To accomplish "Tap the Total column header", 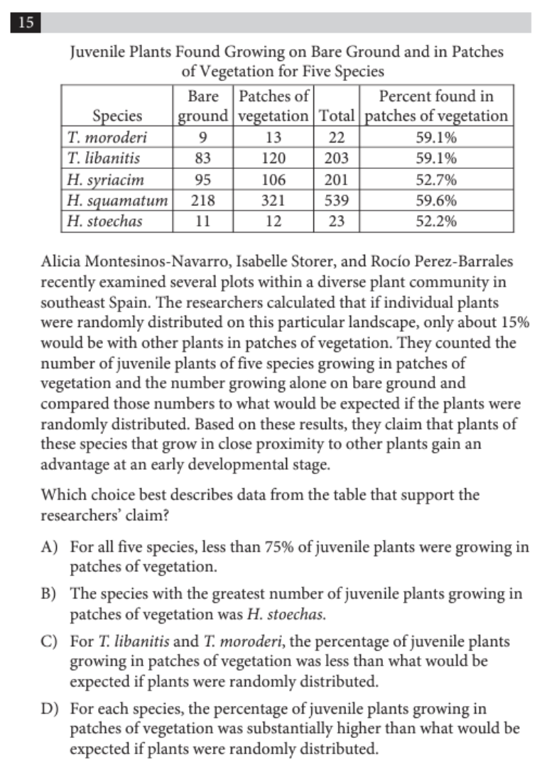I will (337, 116).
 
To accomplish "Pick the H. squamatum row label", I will (116, 200).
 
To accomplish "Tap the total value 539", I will (337, 200).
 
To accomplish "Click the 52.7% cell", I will (435, 180).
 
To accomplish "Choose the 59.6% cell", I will (435, 200).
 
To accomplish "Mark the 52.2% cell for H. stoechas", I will (435, 221).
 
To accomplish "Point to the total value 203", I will (337, 158).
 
